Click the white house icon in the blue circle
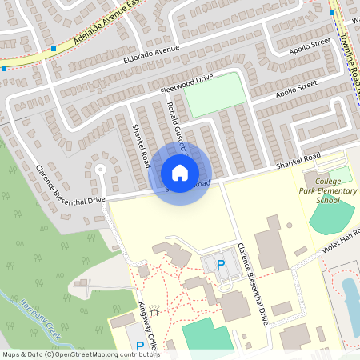click(x=180, y=172)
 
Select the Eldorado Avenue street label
click(x=151, y=54)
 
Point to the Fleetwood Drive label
click(x=186, y=81)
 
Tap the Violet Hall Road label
click(x=338, y=242)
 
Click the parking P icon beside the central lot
click(x=221, y=265)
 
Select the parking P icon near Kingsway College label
click(x=140, y=346)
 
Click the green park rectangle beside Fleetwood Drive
click(x=215, y=94)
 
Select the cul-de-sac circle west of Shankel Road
click(x=100, y=169)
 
